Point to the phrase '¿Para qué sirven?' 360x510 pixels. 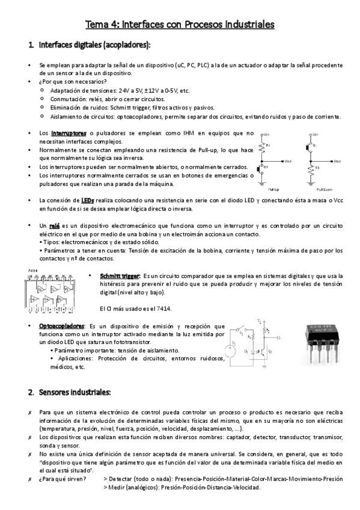pyautogui.click(x=61, y=479)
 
